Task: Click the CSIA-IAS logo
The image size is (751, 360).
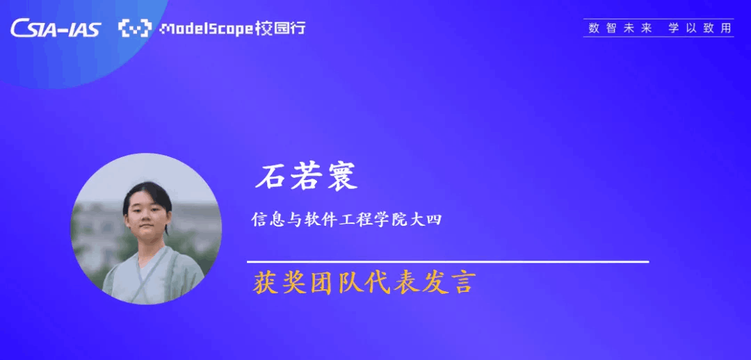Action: pos(56,28)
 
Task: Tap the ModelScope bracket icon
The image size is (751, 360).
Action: pos(135,28)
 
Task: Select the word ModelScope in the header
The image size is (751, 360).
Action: pos(207,29)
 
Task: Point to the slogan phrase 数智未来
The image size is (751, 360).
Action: pos(620,28)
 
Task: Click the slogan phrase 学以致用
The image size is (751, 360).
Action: pos(700,28)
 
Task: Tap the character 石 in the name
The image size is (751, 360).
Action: pos(270,178)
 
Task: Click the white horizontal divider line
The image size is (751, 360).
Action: pos(448,262)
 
